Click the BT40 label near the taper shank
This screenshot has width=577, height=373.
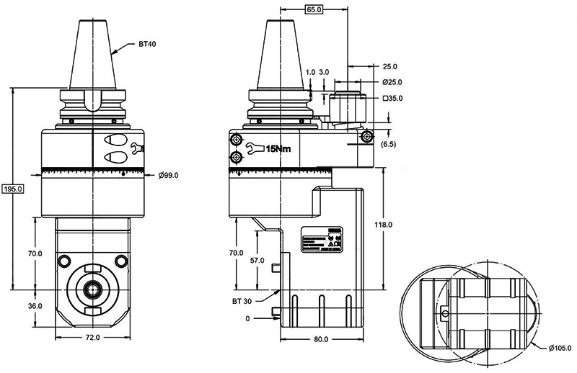[147, 43]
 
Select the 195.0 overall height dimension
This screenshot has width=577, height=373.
[13, 189]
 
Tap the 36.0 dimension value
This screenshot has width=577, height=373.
[35, 305]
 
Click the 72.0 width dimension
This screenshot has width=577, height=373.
[92, 337]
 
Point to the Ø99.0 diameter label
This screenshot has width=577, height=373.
[168, 175]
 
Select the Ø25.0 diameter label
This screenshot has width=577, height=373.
[393, 81]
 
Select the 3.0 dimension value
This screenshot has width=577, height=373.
[324, 72]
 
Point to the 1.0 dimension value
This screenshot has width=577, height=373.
[310, 72]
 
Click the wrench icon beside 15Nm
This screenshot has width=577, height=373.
[252, 149]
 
